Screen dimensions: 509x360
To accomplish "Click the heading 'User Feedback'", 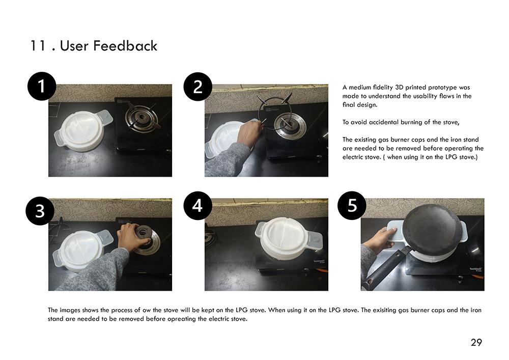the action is click(x=108, y=46).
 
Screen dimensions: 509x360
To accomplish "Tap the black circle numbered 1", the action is click(x=42, y=86).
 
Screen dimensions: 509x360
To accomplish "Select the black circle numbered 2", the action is click(x=198, y=87).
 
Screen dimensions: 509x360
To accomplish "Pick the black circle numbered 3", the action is click(x=40, y=211).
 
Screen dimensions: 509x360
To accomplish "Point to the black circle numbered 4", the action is click(x=197, y=206).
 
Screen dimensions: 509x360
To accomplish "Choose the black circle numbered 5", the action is click(x=352, y=206).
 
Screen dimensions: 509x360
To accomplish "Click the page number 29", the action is click(x=476, y=343).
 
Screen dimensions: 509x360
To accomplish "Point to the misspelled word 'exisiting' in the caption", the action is click(x=384, y=310).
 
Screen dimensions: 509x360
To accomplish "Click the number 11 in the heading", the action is click(x=38, y=46).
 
